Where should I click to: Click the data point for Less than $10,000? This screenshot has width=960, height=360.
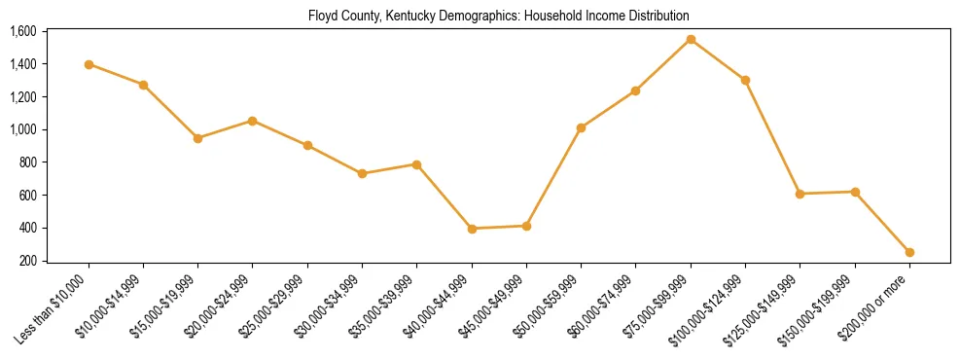pyautogui.click(x=89, y=64)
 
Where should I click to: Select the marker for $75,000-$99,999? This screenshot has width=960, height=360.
pyautogui.click(x=691, y=40)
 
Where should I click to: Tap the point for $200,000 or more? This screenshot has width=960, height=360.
pyautogui.click(x=909, y=252)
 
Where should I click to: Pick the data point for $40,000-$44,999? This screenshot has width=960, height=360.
pyautogui.click(x=472, y=229)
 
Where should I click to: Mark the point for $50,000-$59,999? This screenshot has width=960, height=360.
pyautogui.click(x=581, y=127)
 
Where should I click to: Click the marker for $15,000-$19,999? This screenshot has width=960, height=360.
pyautogui.click(x=198, y=138)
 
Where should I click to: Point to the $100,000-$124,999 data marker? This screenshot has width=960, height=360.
pyautogui.click(x=745, y=80)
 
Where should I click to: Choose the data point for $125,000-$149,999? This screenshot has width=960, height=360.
pyautogui.click(x=800, y=194)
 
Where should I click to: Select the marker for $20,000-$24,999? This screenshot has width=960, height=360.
pyautogui.click(x=253, y=121)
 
